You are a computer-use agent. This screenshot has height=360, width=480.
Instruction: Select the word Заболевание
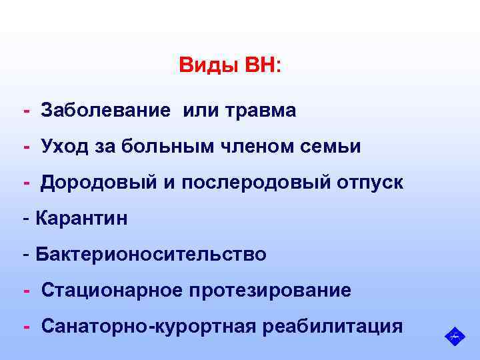click(x=107, y=110)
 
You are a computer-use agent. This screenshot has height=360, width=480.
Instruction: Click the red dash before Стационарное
click(x=27, y=290)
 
